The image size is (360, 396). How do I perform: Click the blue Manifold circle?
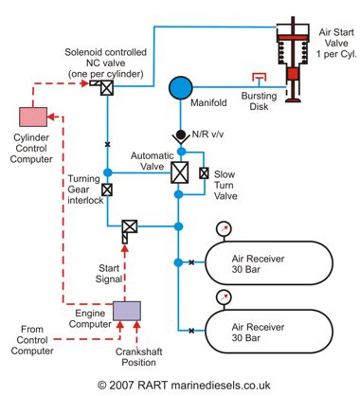180,88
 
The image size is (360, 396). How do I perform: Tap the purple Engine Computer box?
126,310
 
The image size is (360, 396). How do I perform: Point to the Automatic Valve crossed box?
178,172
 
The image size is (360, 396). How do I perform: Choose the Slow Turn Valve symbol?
204,172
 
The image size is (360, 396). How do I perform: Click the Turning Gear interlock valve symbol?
107,189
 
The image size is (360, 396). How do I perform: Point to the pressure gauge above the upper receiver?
223,228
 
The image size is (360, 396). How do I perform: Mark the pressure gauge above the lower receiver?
223,297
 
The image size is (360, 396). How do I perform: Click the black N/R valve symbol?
178,135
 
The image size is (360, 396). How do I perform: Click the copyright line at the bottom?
180,384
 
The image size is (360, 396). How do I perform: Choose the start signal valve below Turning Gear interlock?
128,227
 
